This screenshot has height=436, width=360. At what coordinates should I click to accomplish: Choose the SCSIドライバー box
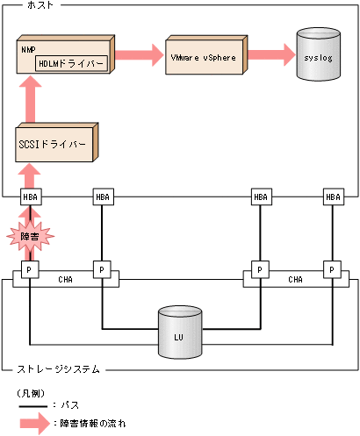click(x=54, y=143)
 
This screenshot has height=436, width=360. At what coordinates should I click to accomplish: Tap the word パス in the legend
click(x=72, y=408)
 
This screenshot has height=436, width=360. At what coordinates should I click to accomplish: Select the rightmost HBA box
click(x=333, y=197)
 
